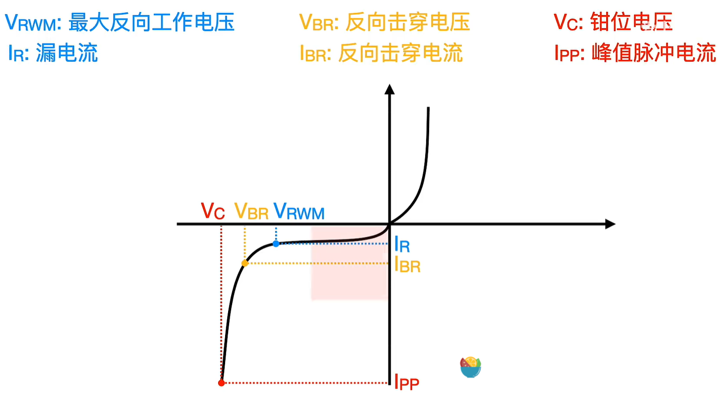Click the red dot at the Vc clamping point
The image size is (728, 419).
pyautogui.click(x=221, y=383)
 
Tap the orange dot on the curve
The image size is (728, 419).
pyautogui.click(x=245, y=263)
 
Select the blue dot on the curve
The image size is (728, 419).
pyautogui.click(x=276, y=243)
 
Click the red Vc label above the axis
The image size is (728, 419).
pyautogui.click(x=213, y=211)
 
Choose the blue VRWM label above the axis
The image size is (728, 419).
pyautogui.click(x=299, y=211)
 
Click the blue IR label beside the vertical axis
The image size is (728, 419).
pyautogui.click(x=402, y=245)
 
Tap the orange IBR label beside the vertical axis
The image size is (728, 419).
pyautogui.click(x=407, y=264)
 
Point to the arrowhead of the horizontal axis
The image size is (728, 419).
pyautogui.click(x=610, y=224)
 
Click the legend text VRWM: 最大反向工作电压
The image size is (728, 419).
pyautogui.click(x=119, y=22)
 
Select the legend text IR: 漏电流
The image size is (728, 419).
pyautogui.click(x=53, y=53)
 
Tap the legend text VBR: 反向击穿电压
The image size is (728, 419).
pyautogui.click(x=385, y=22)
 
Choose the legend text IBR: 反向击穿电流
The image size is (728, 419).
pyautogui.click(x=381, y=53)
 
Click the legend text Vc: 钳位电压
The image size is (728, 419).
pyautogui.click(x=613, y=22)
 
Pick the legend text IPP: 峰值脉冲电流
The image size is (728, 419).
pyautogui.click(x=635, y=53)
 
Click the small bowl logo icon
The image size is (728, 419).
pyautogui.click(x=470, y=367)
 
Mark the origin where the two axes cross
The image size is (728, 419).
pyautogui.click(x=389, y=224)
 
